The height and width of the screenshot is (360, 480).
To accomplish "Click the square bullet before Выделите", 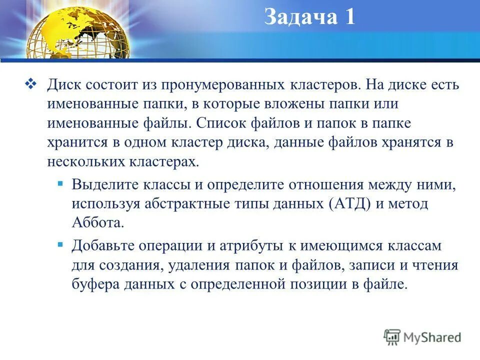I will pyautogui.click(x=60, y=184).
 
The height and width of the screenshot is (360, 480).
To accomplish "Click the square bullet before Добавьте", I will pyautogui.click(x=60, y=244).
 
